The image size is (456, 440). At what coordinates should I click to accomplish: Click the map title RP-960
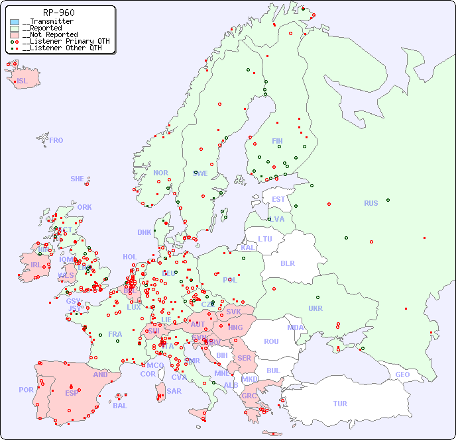[x=58, y=13]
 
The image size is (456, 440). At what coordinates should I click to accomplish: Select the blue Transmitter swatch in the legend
[x=15, y=22]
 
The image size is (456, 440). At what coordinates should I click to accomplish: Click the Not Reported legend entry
[x=50, y=34]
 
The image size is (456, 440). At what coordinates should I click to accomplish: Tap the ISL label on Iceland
[x=23, y=81]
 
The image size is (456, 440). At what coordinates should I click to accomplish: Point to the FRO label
[x=56, y=140]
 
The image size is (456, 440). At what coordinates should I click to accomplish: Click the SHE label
[x=78, y=179]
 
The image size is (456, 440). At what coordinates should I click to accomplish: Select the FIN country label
[x=277, y=141]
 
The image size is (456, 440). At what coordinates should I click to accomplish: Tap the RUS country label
[x=370, y=203]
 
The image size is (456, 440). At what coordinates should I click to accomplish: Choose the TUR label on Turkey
[x=340, y=404]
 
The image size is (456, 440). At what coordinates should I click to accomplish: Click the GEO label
[x=402, y=374]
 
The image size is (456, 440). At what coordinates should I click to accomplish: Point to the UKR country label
[x=315, y=308]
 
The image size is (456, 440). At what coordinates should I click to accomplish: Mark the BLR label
[x=288, y=263]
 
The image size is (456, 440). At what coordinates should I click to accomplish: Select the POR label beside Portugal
[x=26, y=390]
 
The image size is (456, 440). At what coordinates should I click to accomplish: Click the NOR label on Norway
[x=160, y=173]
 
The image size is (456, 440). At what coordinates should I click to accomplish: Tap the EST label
[x=278, y=199]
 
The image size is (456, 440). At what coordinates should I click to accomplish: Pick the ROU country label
[x=271, y=341]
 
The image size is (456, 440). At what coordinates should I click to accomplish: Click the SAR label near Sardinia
[x=174, y=391]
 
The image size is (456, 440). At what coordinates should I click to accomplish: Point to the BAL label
[x=120, y=406]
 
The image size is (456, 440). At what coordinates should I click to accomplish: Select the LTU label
[x=265, y=239]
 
